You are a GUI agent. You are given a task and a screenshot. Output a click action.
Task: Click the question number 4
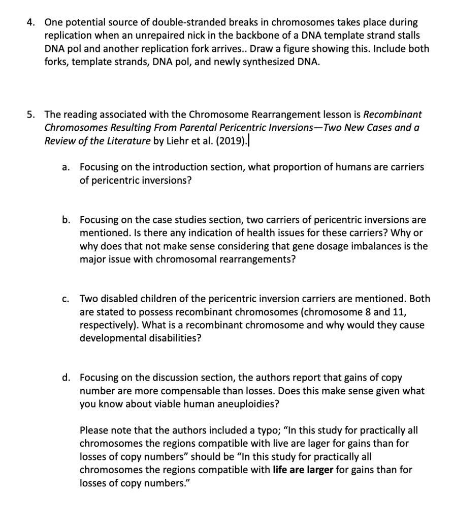[30, 23]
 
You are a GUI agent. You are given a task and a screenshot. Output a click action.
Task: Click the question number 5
[30, 115]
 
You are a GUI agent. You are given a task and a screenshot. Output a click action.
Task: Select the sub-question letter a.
[65, 167]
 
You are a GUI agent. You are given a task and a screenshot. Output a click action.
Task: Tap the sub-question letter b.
[65, 220]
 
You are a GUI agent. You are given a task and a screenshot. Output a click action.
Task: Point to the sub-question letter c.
[65, 299]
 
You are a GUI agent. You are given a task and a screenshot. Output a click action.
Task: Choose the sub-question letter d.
[65, 378]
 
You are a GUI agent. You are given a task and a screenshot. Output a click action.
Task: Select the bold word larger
[318, 470]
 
